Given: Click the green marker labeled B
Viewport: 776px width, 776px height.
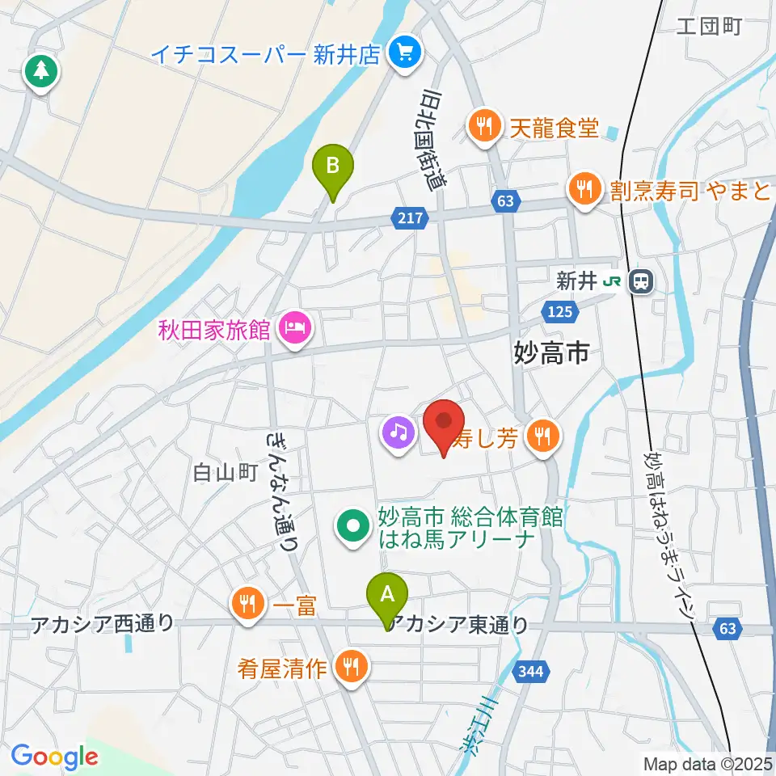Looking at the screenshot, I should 333,167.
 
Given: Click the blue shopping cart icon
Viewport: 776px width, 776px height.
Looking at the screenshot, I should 402,54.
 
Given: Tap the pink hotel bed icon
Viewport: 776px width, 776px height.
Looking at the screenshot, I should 292,329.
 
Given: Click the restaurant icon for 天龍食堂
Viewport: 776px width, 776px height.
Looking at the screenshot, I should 483,126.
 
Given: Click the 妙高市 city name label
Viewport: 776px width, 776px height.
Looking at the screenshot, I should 554,352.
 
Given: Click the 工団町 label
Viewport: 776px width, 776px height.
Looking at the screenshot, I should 708,27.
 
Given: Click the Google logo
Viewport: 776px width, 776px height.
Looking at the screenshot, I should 54,757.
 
